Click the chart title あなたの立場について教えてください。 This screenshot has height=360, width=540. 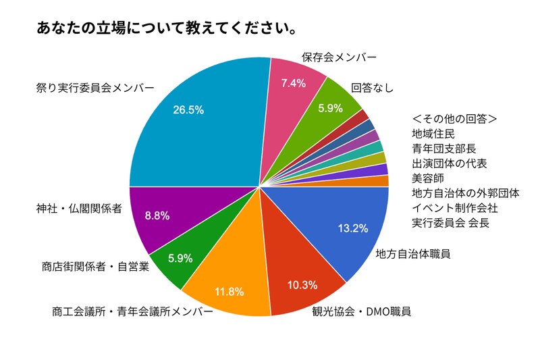[x=169, y=29]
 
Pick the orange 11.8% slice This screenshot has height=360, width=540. [x=226, y=284]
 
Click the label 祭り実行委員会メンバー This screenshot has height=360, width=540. [x=94, y=88]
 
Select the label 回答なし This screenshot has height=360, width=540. [x=372, y=87]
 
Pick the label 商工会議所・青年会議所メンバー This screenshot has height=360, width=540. [x=132, y=312]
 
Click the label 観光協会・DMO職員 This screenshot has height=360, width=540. [x=361, y=312]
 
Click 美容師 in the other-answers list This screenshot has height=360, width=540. [x=428, y=178]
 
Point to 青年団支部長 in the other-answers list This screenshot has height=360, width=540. [x=445, y=149]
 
